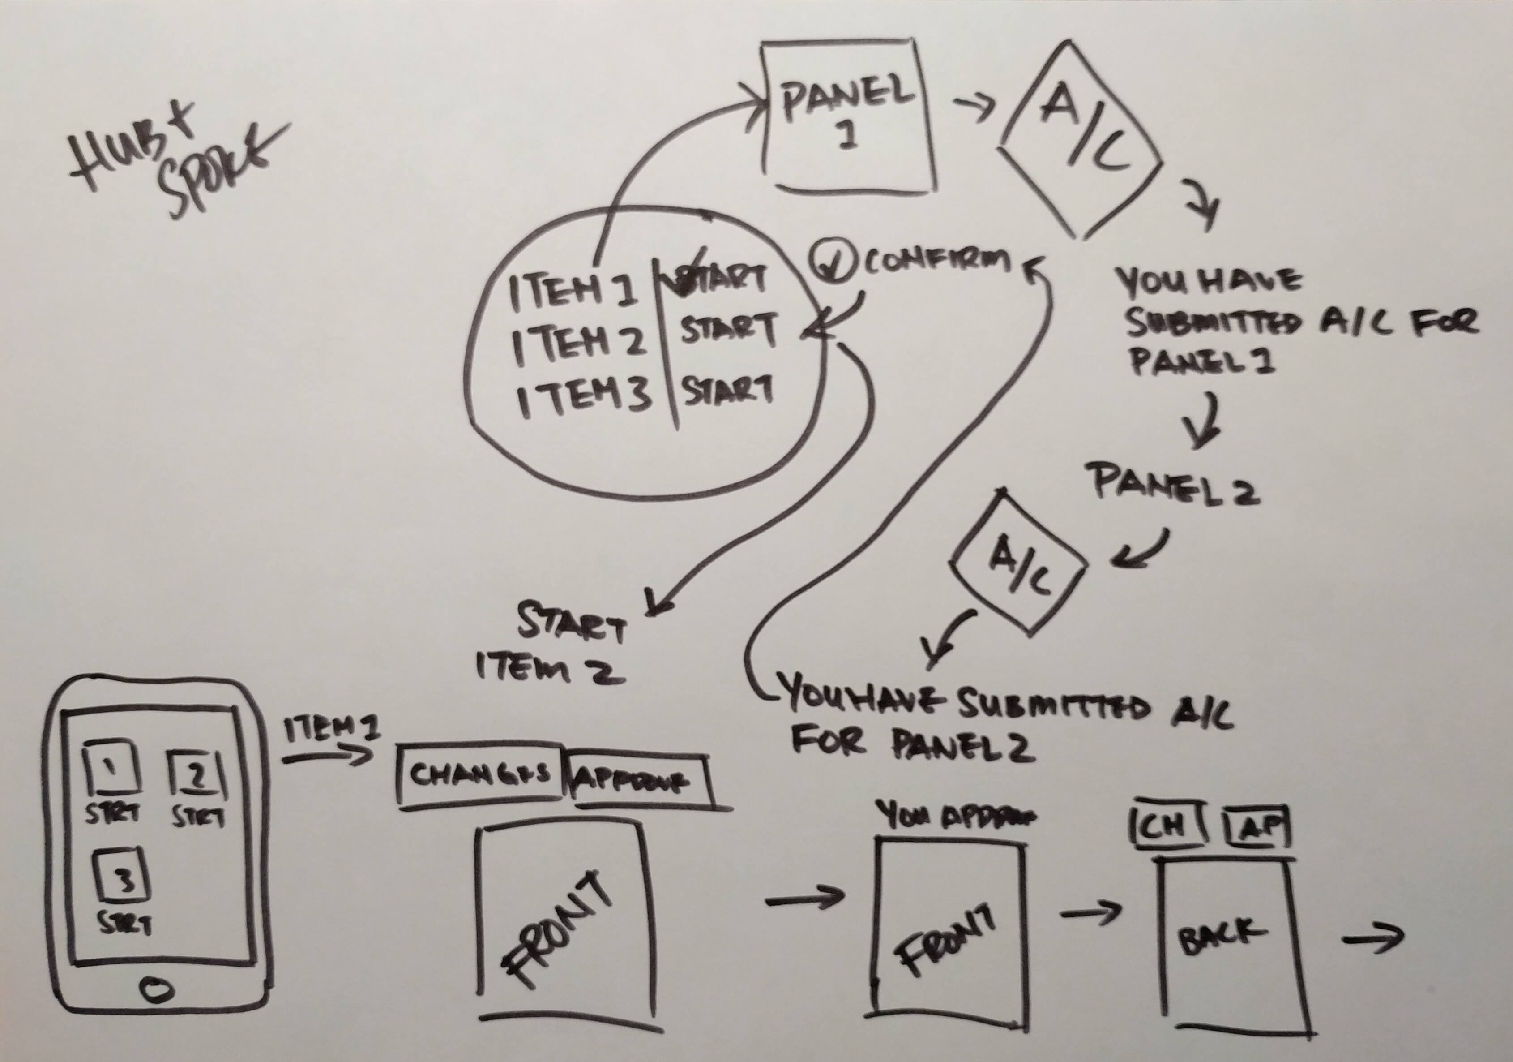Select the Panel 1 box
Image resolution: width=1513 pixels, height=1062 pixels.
[848, 117]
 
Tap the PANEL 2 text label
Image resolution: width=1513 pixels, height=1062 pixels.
[1176, 485]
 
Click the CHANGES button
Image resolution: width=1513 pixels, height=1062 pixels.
[480, 774]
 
